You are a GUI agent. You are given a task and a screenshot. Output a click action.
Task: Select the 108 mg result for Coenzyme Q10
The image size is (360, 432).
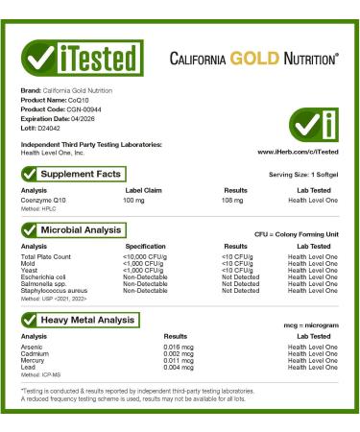pyautogui.click(x=222, y=200)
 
